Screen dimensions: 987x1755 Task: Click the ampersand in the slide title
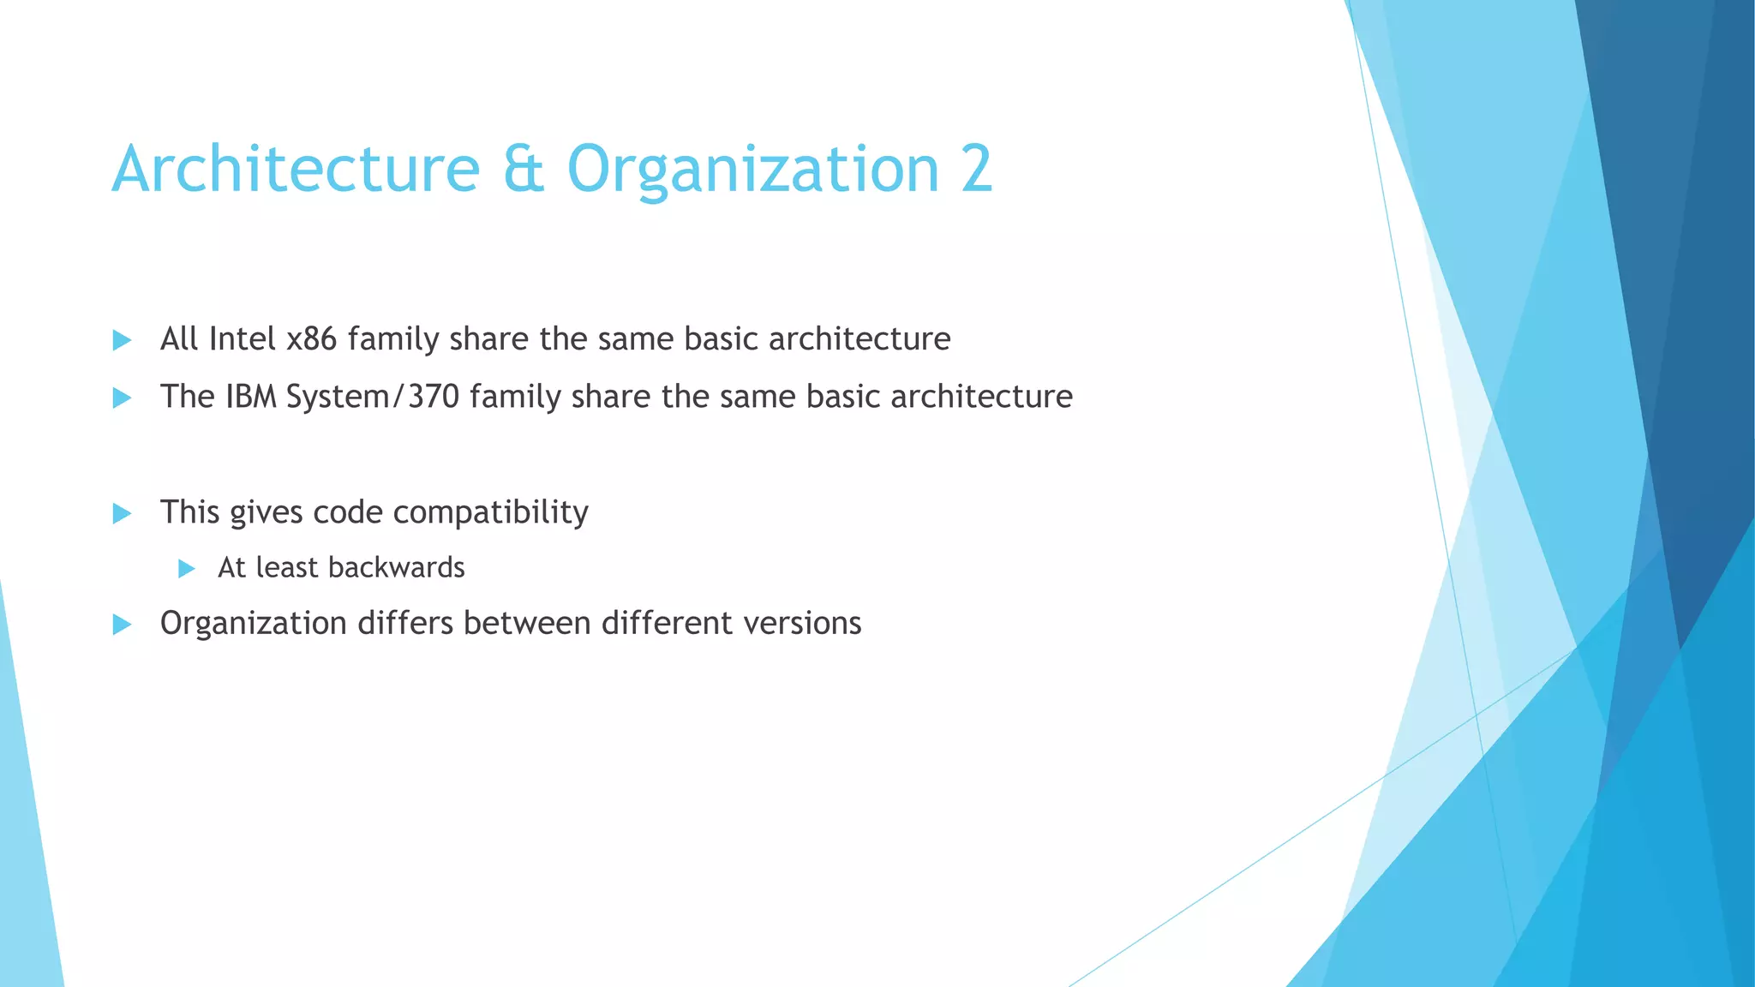[523, 170]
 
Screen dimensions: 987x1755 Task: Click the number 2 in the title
[976, 170]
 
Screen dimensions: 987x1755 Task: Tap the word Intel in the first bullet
[242, 339]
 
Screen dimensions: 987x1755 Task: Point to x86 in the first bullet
[311, 339]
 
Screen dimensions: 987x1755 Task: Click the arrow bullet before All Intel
[122, 340]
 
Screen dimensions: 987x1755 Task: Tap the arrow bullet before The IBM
[122, 398]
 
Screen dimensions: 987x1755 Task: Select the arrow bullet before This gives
[122, 513]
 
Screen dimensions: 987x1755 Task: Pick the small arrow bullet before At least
[186, 568]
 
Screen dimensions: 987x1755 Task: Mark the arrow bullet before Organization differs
[122, 625]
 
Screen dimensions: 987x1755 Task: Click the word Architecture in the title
[296, 170]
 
